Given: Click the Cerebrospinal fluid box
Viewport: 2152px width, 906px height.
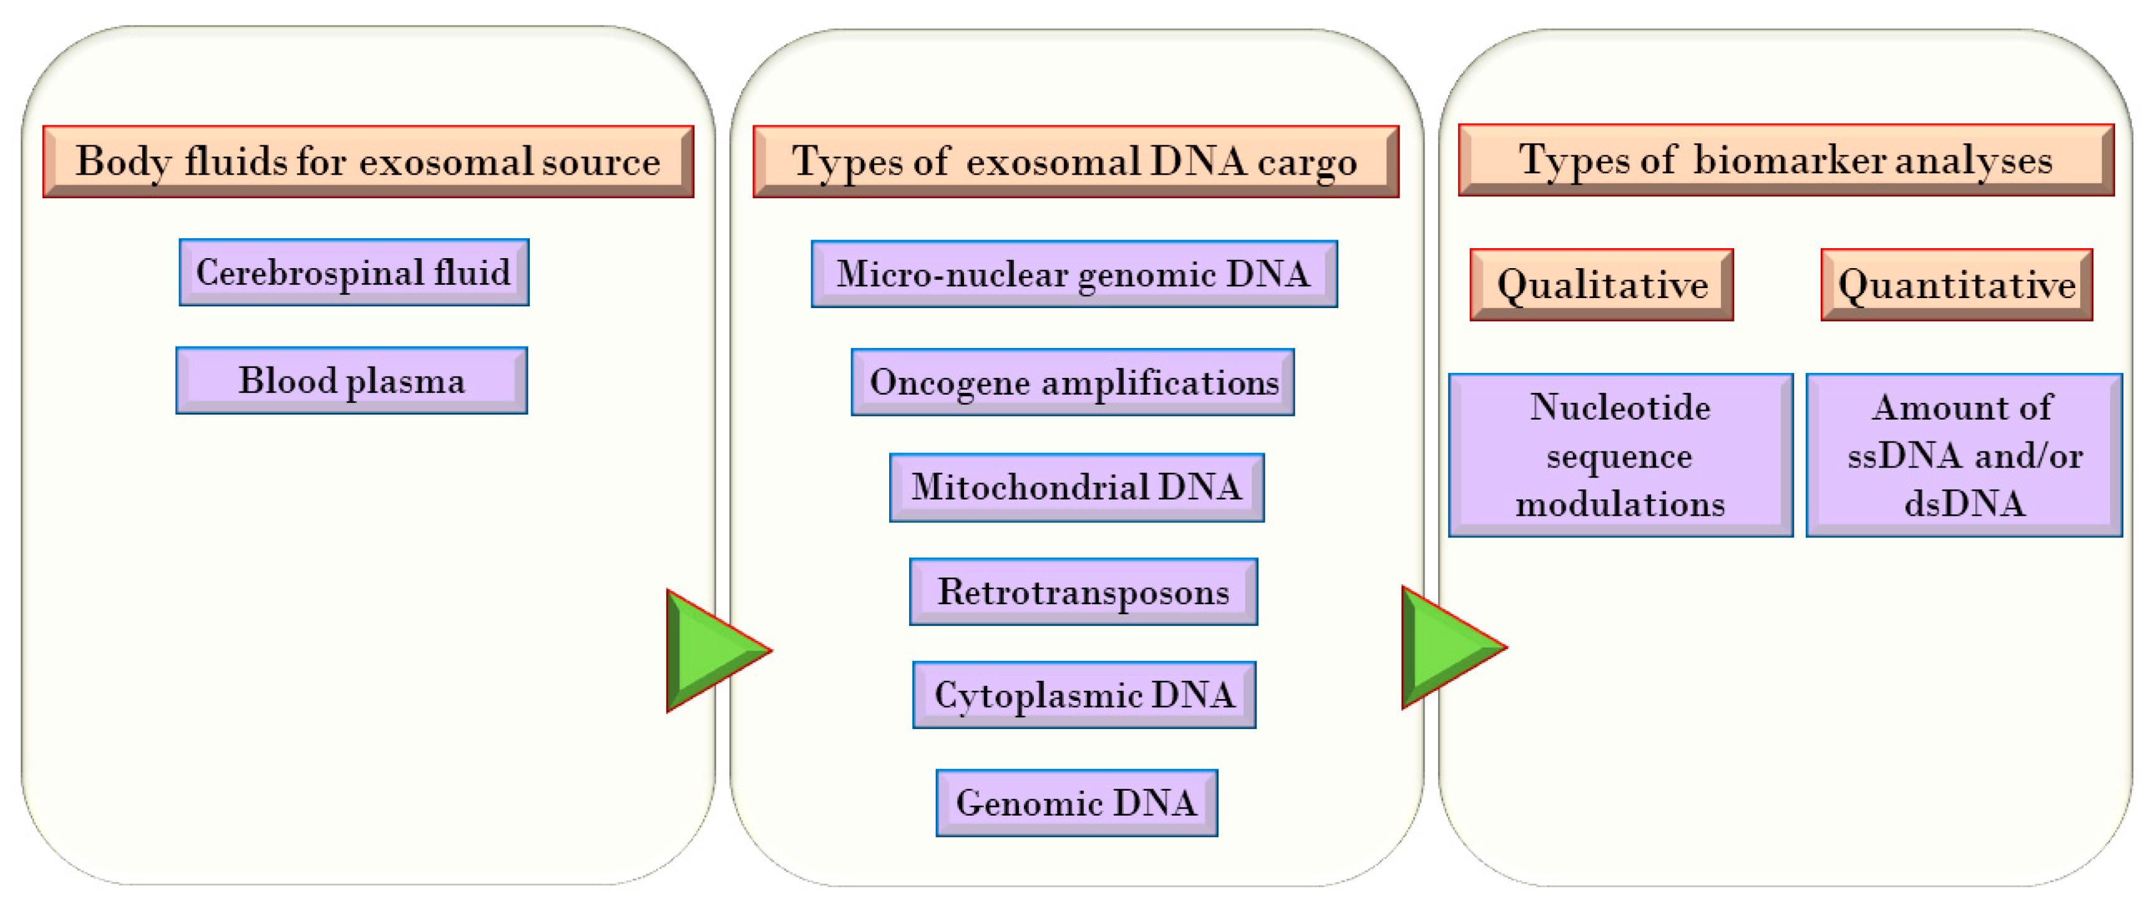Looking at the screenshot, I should (x=353, y=272).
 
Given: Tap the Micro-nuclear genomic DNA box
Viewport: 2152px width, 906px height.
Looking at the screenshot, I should (x=1073, y=274).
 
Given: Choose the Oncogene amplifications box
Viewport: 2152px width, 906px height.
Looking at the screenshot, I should (x=1073, y=382).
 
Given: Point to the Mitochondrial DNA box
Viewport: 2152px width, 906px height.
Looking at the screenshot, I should (x=1076, y=487).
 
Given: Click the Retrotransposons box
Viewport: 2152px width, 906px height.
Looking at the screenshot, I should (x=1083, y=591).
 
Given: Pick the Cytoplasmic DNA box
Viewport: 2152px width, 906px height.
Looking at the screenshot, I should (x=1084, y=695).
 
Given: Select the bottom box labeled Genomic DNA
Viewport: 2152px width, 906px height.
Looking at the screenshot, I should (x=1076, y=802).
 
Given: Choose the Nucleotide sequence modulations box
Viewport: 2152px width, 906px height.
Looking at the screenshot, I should (x=1620, y=455).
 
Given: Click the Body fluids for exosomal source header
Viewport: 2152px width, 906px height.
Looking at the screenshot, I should (x=368, y=161).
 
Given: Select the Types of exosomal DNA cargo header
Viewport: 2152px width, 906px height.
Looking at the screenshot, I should (x=1075, y=161).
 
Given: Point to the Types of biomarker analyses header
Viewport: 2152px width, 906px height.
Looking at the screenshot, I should (x=1785, y=160).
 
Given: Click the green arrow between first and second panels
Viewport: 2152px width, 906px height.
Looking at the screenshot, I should (x=710, y=650).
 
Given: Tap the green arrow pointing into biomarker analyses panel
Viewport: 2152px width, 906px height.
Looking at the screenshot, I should (x=1447, y=647).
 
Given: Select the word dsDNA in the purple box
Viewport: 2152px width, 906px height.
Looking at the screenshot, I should (x=1964, y=504).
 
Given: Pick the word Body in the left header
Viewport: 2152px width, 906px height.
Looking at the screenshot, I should (x=123, y=161).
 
